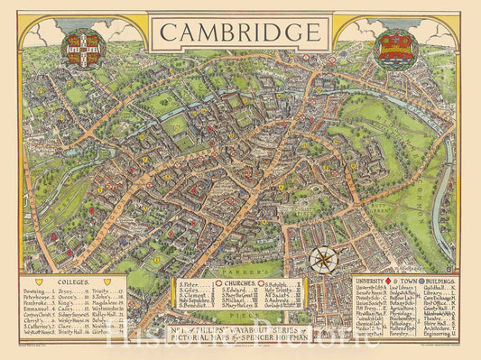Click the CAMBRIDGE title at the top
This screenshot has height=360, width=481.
tap(239, 32)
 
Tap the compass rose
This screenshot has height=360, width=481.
tap(323, 259)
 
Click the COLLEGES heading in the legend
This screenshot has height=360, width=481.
tap(75, 282)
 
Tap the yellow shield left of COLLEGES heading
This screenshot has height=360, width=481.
tap(43, 282)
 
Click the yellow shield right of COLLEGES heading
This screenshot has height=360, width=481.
tap(107, 282)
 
